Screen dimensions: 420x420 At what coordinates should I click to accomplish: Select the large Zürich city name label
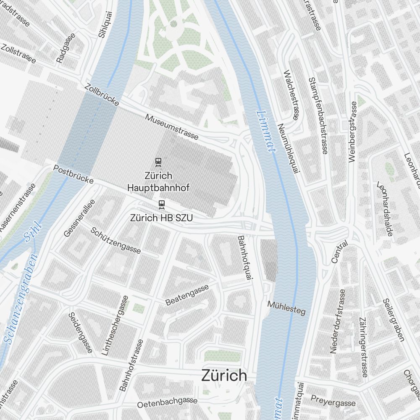[224, 375]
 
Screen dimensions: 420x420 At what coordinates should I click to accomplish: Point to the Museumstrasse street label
[172, 127]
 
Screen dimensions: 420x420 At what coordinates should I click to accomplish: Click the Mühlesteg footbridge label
[286, 308]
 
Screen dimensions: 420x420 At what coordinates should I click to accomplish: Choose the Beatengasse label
[187, 295]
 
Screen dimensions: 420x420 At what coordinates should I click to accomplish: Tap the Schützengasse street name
[115, 241]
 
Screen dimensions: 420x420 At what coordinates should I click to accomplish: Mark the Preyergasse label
[333, 400]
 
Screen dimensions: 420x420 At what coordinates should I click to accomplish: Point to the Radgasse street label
[66, 48]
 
